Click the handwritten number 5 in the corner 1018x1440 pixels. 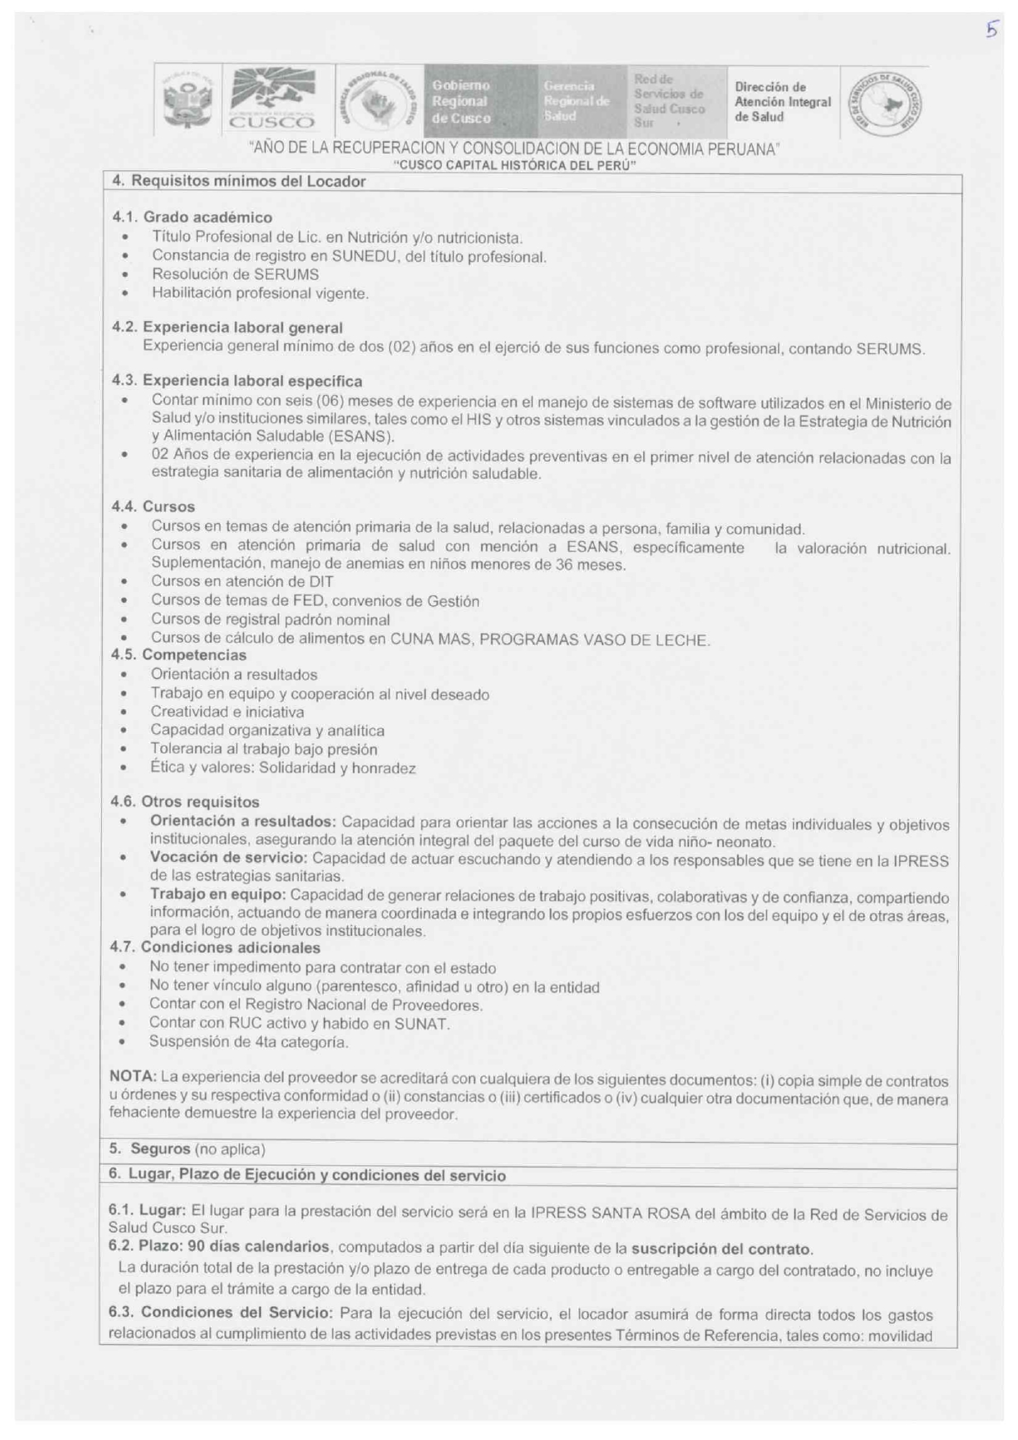[992, 30]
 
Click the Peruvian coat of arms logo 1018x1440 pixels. [189, 101]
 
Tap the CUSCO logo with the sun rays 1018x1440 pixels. [272, 99]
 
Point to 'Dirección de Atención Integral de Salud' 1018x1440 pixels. [782, 102]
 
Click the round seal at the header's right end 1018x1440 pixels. [883, 103]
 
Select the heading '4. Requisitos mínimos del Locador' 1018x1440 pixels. [238, 181]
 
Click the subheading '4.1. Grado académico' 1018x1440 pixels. [191, 218]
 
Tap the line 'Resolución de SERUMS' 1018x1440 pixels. [235, 274]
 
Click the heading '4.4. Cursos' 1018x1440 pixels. [153, 507]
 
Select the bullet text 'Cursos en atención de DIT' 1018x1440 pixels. [242, 581]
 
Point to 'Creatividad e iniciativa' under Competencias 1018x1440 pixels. [227, 712]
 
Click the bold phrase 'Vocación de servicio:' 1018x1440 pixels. [228, 858]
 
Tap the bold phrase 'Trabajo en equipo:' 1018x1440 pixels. [218, 895]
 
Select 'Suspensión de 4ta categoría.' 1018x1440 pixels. [248, 1042]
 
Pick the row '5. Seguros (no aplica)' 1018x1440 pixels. [187, 1149]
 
